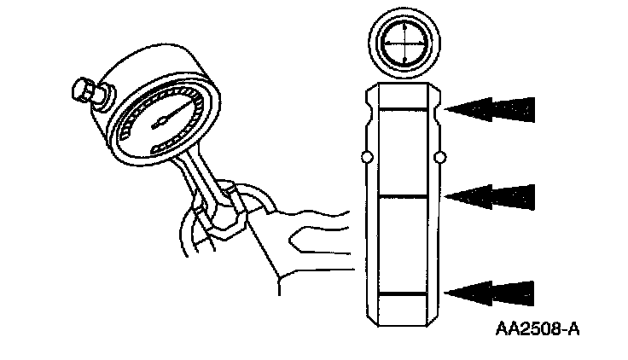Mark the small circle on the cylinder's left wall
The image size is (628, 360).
pyautogui.click(x=364, y=158)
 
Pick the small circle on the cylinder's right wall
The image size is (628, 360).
pyautogui.click(x=440, y=158)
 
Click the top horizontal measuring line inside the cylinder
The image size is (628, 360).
pyautogui.click(x=403, y=109)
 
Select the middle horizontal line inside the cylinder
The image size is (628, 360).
pyautogui.click(x=403, y=196)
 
